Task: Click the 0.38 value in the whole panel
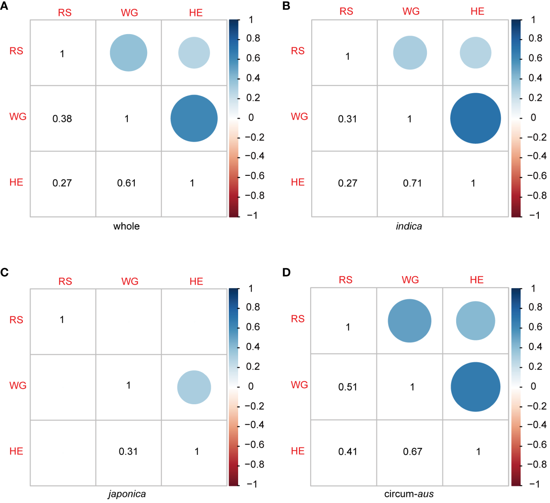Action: click(62, 119)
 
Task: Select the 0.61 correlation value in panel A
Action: click(127, 183)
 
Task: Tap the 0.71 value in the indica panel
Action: click(412, 183)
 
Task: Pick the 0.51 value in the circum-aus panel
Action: click(348, 387)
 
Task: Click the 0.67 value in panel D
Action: click(412, 452)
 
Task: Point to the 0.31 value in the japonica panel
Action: click(128, 452)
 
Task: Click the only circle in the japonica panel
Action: click(194, 387)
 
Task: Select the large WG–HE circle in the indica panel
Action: click(475, 118)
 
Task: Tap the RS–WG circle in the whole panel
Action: click(129, 53)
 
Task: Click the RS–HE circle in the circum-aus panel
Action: click(475, 321)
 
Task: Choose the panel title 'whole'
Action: click(127, 226)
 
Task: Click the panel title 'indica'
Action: click(409, 226)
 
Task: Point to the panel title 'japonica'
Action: click(127, 494)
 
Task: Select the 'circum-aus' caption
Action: click(409, 494)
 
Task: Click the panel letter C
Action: click(4, 273)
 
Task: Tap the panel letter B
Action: click(286, 6)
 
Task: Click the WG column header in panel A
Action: click(129, 13)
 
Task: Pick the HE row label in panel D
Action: click(298, 451)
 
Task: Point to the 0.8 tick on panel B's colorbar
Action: click(535, 39)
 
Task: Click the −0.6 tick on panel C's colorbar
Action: click(255, 445)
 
